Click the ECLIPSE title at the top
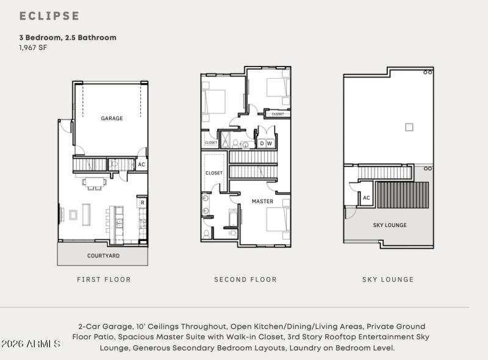(49, 16)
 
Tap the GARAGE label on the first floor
(112, 118)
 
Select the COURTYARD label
(103, 256)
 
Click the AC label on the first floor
(142, 165)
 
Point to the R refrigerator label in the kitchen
(142, 203)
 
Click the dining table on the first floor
(95, 182)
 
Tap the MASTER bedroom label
(263, 201)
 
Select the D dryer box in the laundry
(262, 144)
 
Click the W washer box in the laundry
(270, 144)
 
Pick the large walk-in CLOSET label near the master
(214, 173)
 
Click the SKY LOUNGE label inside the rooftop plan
(390, 225)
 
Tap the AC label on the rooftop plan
(367, 198)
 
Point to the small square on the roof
(409, 127)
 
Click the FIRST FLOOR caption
(104, 279)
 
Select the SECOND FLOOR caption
(245, 279)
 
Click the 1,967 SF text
(33, 48)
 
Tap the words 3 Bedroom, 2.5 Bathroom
(67, 38)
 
